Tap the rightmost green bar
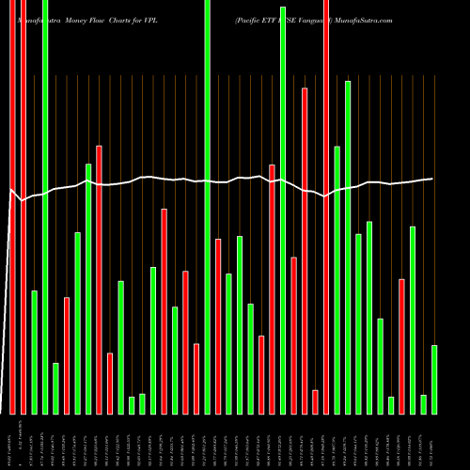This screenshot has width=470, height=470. coord(434,380)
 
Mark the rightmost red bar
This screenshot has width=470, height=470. coord(401,347)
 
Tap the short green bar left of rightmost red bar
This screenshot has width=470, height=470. coord(391,405)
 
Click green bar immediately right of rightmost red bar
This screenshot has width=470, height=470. coord(413,320)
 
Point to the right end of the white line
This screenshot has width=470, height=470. coord(432,179)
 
